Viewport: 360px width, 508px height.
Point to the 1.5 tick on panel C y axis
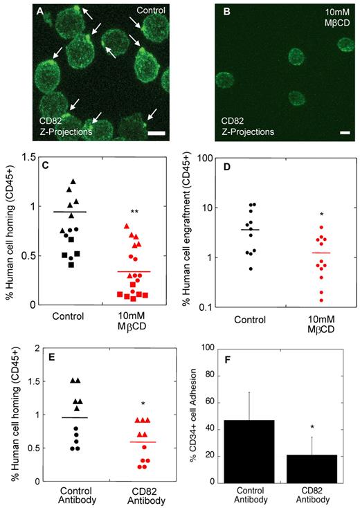pyautogui.click(x=30, y=157)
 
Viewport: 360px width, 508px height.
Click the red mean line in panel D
pyautogui.click(x=300, y=253)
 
